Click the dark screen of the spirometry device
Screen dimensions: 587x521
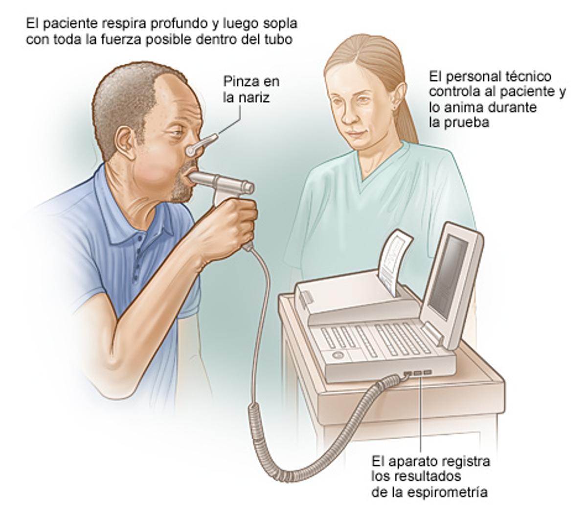click(x=448, y=278)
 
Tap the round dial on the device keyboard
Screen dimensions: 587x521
click(x=338, y=355)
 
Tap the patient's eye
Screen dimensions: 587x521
click(x=177, y=133)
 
